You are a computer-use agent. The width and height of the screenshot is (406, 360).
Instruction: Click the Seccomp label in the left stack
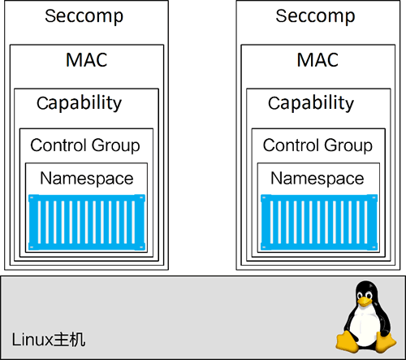(85, 16)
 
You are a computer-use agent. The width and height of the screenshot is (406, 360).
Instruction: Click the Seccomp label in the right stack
(316, 16)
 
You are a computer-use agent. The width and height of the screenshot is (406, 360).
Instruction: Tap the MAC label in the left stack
(85, 60)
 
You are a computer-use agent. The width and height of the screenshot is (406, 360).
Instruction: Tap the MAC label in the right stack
(317, 60)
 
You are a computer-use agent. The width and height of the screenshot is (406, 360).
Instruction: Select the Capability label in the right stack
(311, 103)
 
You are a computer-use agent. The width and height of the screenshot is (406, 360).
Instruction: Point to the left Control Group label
(85, 145)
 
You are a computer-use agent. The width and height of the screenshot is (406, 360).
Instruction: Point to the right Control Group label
(317, 145)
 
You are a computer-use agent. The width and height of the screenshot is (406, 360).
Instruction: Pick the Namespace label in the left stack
(87, 179)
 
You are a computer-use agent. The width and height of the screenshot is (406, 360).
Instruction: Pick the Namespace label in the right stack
(317, 179)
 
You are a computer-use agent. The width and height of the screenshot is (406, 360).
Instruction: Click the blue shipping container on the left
(86, 222)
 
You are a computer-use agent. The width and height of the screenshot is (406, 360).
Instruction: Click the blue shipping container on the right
(317, 222)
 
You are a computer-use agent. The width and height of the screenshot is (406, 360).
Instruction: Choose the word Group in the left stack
(114, 145)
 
